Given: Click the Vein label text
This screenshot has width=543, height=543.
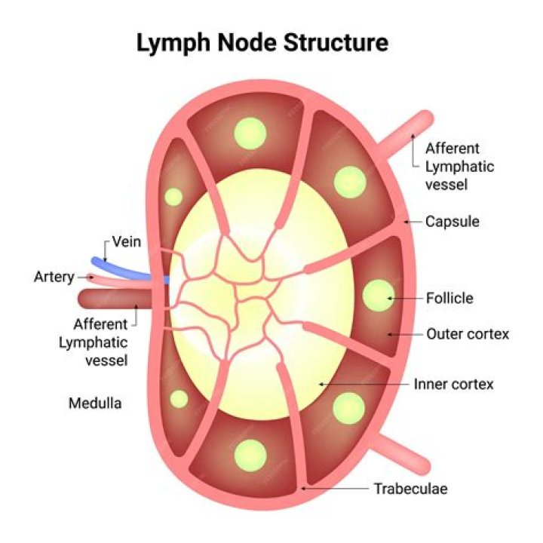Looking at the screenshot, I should point(127,242).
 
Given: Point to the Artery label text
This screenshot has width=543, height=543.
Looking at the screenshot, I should point(54,277).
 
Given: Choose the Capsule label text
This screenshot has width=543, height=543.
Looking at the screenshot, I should point(452,222).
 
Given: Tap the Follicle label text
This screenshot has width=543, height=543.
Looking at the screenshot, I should point(449,298).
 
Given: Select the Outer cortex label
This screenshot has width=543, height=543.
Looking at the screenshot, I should point(468,333).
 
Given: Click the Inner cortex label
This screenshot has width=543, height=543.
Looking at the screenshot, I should point(453,385).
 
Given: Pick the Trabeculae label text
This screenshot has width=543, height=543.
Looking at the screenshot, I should point(410,489).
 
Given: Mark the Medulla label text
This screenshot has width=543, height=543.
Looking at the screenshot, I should point(95,403).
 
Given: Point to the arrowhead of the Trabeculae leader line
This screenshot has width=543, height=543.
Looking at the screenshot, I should point(303,489).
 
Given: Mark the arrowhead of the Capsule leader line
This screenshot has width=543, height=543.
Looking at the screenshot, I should point(406,222).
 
